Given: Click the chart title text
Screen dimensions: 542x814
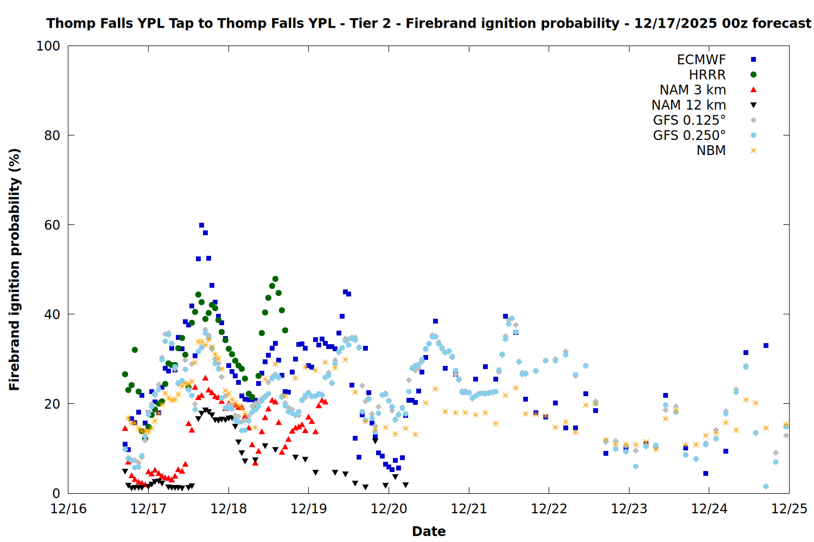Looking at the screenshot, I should pos(429,23).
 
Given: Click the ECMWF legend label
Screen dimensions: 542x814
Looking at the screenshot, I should pos(701,60).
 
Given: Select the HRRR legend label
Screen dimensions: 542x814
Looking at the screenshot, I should pos(707,75).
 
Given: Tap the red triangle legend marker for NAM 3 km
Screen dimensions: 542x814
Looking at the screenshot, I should pos(753,90).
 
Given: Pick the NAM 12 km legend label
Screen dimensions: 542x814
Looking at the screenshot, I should pos(689,105).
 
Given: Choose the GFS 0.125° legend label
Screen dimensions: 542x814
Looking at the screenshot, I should pos(689,120).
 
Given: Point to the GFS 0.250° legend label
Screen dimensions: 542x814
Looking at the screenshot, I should pos(689,135).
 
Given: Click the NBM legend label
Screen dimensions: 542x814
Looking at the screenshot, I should pos(711,151).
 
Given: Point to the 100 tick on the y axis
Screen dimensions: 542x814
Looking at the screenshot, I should pos(48,46).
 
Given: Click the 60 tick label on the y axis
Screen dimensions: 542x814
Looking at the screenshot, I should pos(52,225).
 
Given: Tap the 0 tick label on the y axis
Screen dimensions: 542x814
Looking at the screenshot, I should pos(56,493).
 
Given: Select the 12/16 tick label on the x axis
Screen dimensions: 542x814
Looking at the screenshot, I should pos(68,509).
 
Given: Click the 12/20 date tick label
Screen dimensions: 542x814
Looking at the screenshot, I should pos(389,509).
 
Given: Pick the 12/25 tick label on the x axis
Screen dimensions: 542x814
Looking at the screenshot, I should pos(789,509).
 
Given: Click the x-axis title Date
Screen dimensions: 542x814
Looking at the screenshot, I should pos(429,531).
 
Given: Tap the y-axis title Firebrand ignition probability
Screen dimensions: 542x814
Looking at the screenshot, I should pos(15,269).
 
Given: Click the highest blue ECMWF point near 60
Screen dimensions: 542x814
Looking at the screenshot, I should pos(201,225).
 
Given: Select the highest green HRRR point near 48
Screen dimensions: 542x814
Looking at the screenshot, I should pos(275,279).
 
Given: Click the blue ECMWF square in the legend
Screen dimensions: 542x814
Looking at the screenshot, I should pos(753,60).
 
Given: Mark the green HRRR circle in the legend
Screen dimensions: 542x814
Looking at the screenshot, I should pos(753,75).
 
